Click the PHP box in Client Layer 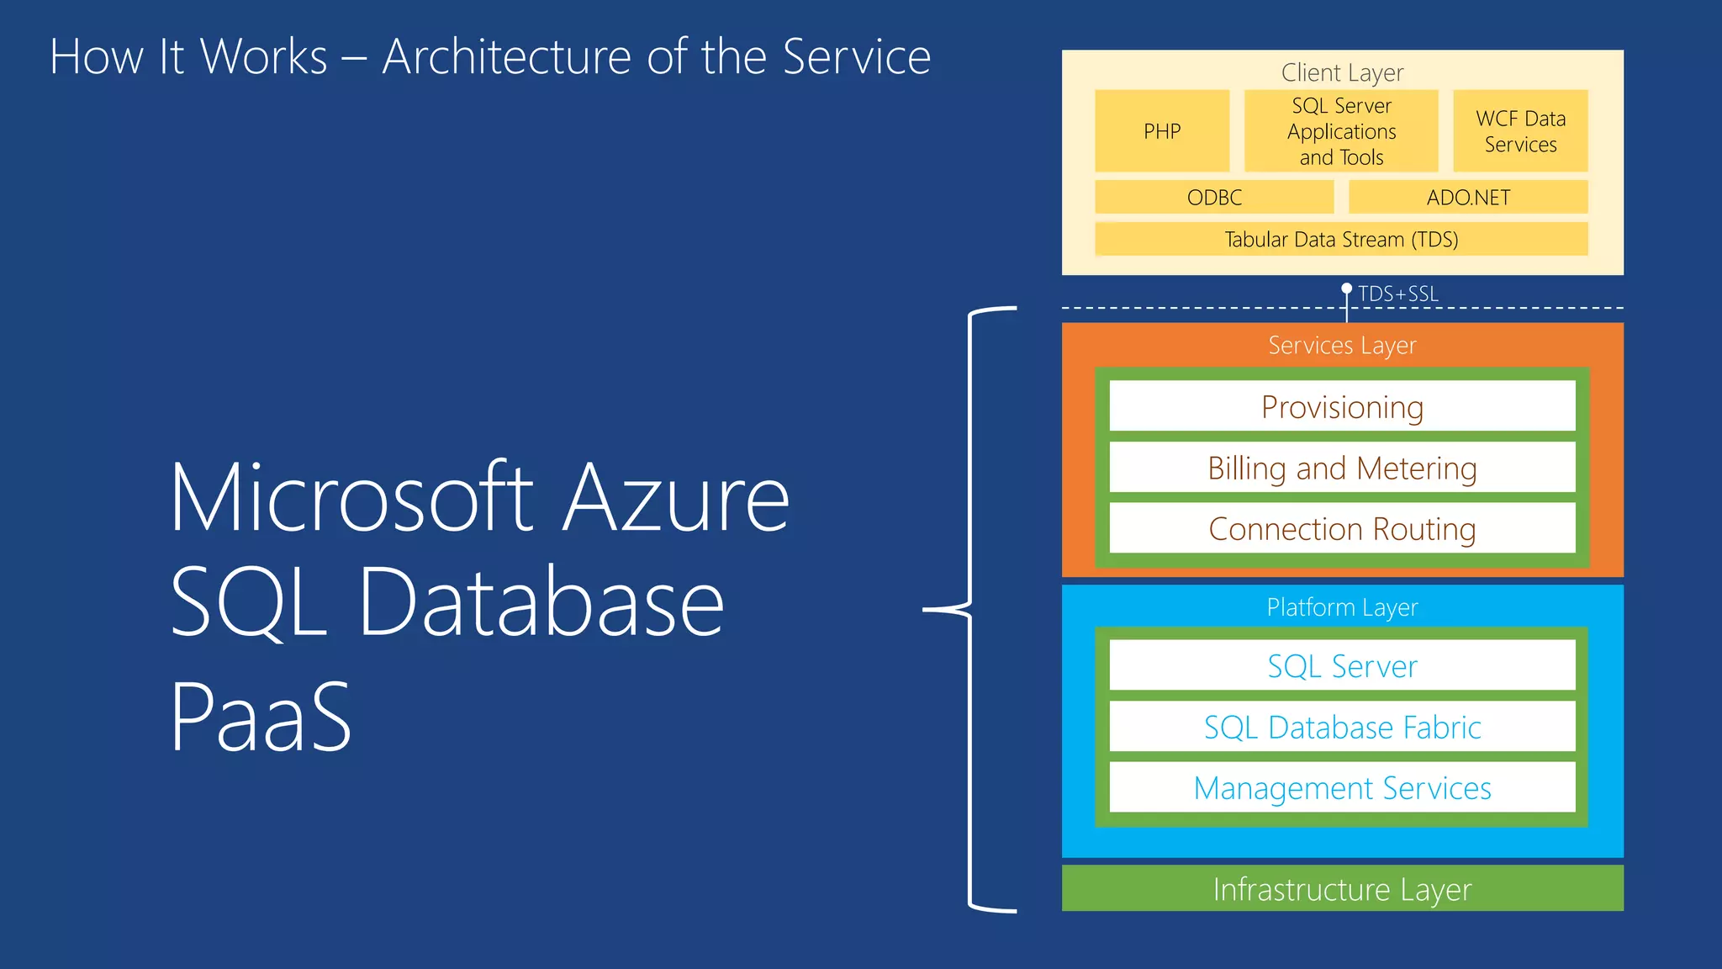click(1161, 131)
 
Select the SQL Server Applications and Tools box click(1341, 131)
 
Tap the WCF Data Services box click(1520, 131)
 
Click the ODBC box click(1214, 197)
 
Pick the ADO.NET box click(1468, 197)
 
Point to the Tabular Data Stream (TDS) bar click(1341, 239)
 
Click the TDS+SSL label click(1397, 294)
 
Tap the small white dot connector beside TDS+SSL click(1346, 289)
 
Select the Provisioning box click(1342, 406)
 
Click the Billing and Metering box click(1342, 468)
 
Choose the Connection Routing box click(1342, 528)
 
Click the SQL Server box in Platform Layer click(1342, 665)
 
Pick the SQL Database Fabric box click(1342, 727)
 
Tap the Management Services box click(1342, 787)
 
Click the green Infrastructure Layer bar click(1342, 888)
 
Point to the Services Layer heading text click(1342, 345)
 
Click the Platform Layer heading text click(1342, 606)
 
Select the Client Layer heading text click(1342, 72)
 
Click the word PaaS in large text click(261, 717)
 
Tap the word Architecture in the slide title click(506, 57)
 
